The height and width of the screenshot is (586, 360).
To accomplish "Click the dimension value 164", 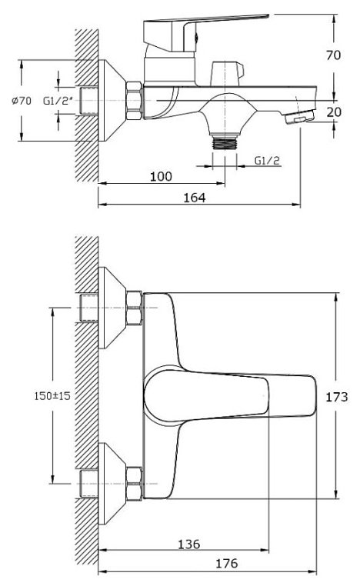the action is (x=195, y=198).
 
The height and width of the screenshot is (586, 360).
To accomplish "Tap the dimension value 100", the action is (x=161, y=176).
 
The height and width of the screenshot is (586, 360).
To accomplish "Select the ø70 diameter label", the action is (x=22, y=101).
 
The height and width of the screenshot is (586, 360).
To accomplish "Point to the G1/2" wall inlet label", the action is (x=58, y=101).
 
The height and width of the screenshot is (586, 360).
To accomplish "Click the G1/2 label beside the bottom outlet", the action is (x=267, y=160).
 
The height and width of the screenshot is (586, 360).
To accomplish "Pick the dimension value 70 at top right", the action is (x=333, y=55).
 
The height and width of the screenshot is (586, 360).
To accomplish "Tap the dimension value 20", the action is (x=333, y=112).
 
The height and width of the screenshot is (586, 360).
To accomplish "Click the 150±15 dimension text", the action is (x=52, y=396).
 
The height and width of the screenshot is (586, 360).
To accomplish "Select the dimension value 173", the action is (x=336, y=397).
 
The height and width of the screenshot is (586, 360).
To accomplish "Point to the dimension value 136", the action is (x=188, y=544).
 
